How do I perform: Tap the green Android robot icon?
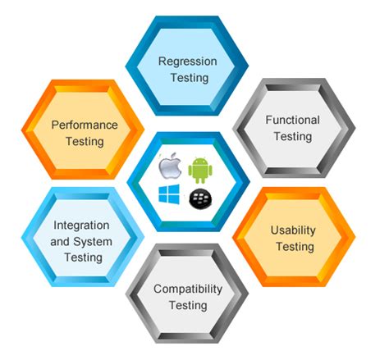pyautogui.click(x=201, y=170)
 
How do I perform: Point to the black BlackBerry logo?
pyautogui.click(x=200, y=198)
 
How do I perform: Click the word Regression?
pyautogui.click(x=188, y=62)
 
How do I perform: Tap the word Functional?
pyautogui.click(x=292, y=120)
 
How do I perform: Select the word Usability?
pyautogui.click(x=293, y=230)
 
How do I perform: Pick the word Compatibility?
pyautogui.click(x=188, y=289)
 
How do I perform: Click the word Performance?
pyautogui.click(x=85, y=125)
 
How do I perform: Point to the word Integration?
pyautogui.click(x=82, y=224)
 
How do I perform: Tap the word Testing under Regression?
pyautogui.click(x=188, y=78)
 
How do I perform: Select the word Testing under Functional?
pyautogui.click(x=293, y=136)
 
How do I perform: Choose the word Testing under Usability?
pyautogui.click(x=293, y=247)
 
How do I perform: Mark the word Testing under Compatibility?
pyautogui.click(x=188, y=306)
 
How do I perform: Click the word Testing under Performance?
pyautogui.click(x=85, y=141)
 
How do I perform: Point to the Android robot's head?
pyautogui.click(x=201, y=161)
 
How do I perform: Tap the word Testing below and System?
pyautogui.click(x=82, y=257)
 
